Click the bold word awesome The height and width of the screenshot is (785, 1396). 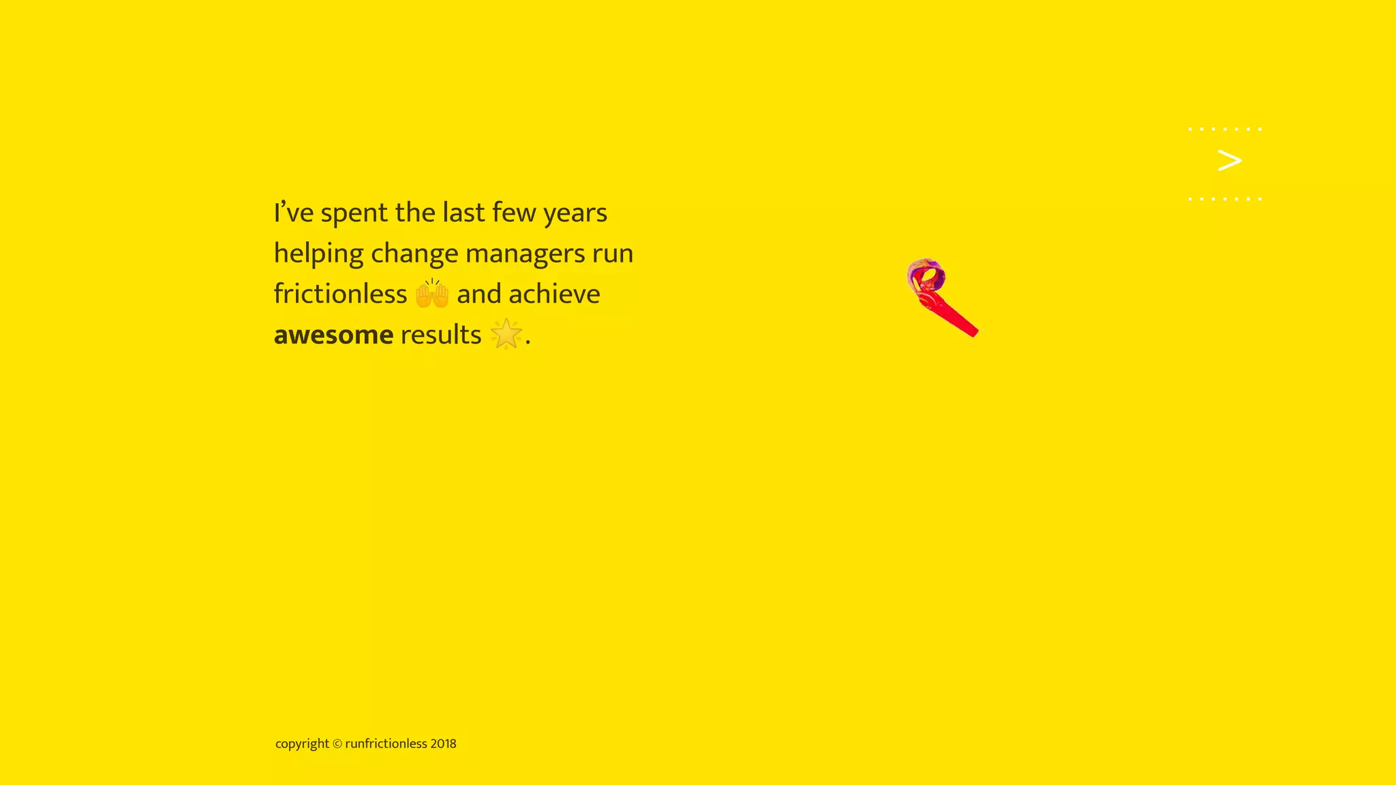pyautogui.click(x=333, y=335)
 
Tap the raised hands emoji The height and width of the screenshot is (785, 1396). pyautogui.click(x=431, y=294)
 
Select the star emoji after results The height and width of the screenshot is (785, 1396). pyautogui.click(x=506, y=335)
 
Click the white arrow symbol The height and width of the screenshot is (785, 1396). pyautogui.click(x=1229, y=161)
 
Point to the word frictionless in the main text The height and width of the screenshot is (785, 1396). pyautogui.click(x=340, y=294)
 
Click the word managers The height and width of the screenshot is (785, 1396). pyautogui.click(x=525, y=254)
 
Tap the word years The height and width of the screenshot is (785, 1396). pyautogui.click(x=575, y=213)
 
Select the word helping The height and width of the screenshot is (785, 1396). pyautogui.click(x=318, y=254)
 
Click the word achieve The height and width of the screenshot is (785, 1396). pyautogui.click(x=554, y=294)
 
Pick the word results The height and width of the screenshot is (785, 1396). pyautogui.click(x=440, y=335)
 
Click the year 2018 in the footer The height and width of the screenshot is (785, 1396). pyautogui.click(x=443, y=743)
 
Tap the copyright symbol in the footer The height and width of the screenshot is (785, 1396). pyautogui.click(x=337, y=744)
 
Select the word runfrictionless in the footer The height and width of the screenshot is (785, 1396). pyautogui.click(x=386, y=743)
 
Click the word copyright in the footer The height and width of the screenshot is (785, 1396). pyautogui.click(x=302, y=744)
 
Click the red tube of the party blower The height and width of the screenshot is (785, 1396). pyautogui.click(x=954, y=317)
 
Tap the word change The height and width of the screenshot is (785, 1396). pyautogui.click(x=414, y=254)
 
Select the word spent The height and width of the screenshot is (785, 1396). pyautogui.click(x=354, y=213)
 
